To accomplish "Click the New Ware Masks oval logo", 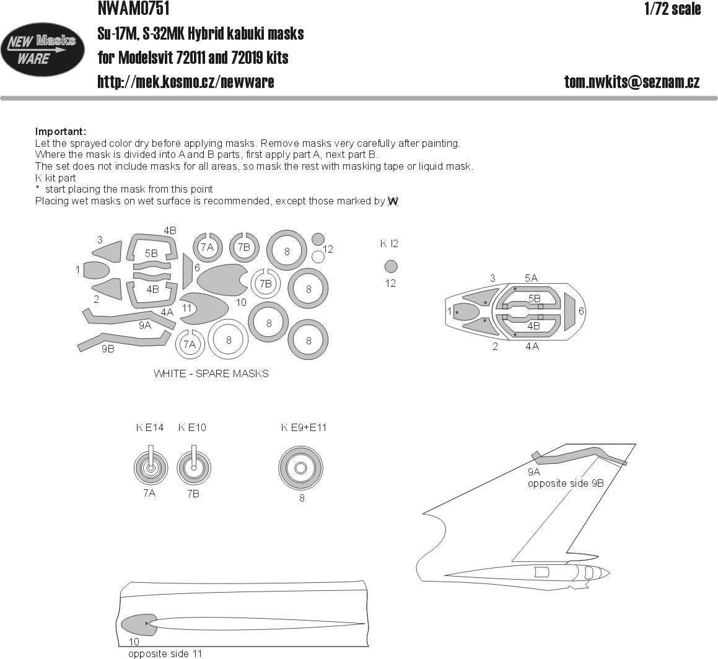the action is coord(43,50).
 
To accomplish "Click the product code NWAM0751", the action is coord(134,8).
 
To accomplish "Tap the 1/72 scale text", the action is coord(672,9).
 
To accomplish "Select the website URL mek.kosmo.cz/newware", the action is coord(185,82).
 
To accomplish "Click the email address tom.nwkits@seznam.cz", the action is coord(632,82).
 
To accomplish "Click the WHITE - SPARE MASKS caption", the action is coord(211,373).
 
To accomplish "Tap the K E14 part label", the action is coord(150,428).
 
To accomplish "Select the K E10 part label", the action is coord(192,428).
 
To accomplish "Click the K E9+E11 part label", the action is coord(304,428).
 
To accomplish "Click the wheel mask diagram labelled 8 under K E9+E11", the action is coord(301,468).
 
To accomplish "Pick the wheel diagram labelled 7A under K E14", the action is coord(151,468).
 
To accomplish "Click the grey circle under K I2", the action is coord(391,266).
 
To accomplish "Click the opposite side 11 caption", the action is coord(165,653).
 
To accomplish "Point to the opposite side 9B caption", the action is coord(566,484).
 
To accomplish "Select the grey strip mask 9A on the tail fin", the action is coord(579,454).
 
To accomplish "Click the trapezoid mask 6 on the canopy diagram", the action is coord(570,312).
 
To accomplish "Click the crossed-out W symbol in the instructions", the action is coord(393,201).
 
